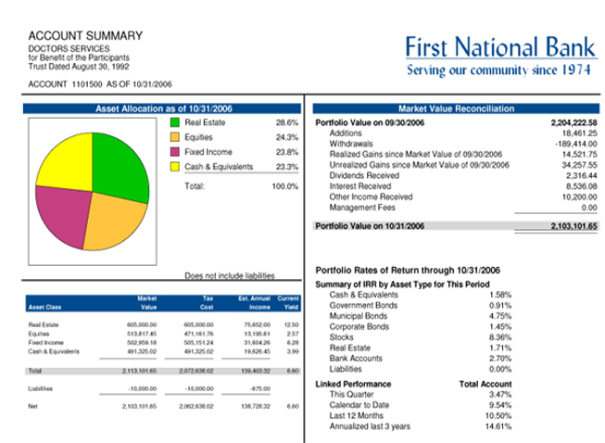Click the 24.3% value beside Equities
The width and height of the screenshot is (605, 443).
point(286,137)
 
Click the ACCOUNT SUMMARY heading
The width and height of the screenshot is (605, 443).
point(85,36)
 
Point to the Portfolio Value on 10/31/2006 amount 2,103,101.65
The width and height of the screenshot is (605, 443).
point(573,226)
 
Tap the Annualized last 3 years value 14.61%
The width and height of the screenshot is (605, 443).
point(498,426)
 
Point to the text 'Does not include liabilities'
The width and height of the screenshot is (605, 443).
point(230,275)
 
